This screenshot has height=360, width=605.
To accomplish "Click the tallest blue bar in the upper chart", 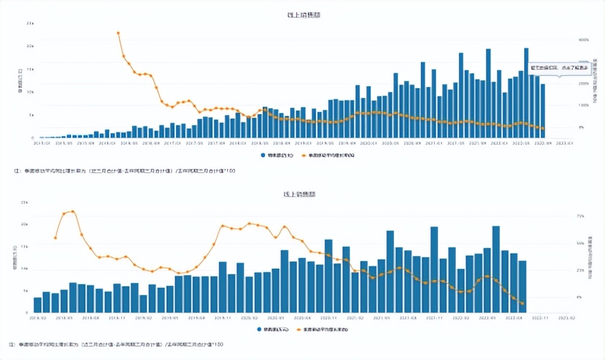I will (x=526, y=92).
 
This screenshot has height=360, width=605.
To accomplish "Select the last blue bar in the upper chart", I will (x=543, y=110).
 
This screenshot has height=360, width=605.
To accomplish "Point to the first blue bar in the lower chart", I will (x=37, y=305).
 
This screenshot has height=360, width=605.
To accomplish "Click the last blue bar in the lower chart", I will (x=522, y=286).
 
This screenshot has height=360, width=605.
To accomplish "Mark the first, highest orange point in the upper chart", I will (x=118, y=33).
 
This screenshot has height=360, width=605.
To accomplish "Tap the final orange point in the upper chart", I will (x=543, y=128).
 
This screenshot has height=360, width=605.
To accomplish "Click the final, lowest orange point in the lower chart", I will (x=522, y=304).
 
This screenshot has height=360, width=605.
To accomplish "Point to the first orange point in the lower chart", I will (x=55, y=238).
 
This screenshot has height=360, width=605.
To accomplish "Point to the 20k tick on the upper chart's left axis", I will (x=30, y=46).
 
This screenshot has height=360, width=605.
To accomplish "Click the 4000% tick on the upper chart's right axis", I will (x=584, y=40).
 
